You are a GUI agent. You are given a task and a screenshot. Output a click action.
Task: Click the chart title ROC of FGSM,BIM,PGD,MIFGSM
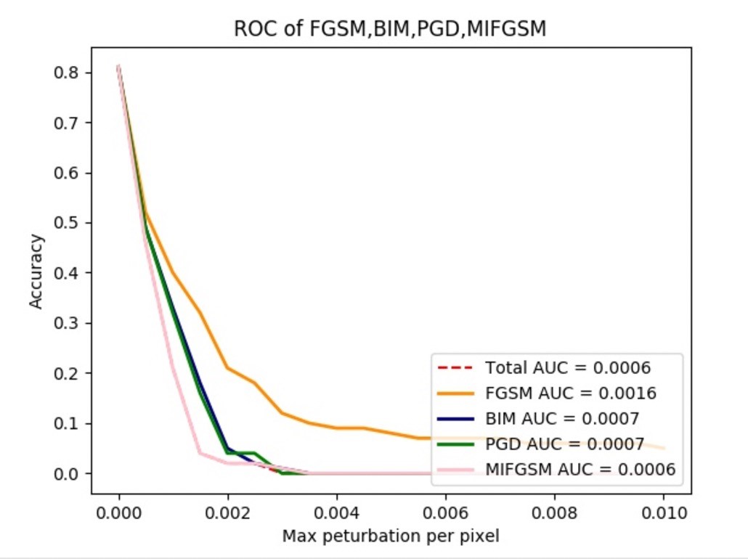tap(391, 29)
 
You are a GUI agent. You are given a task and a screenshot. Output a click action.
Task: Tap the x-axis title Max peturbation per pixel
tap(391, 537)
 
